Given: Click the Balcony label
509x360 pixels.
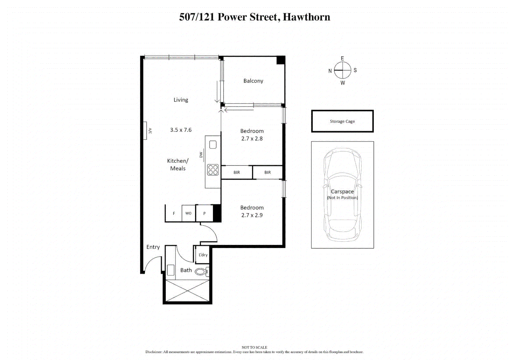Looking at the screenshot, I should click(253, 81).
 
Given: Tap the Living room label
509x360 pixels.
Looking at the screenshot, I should click(181, 100).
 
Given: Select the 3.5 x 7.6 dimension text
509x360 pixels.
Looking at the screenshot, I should click(181, 130).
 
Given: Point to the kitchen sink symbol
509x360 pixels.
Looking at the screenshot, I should click(213, 145).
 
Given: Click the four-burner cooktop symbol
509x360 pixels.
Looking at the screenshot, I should click(213, 170).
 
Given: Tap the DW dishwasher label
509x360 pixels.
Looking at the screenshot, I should click(201, 155).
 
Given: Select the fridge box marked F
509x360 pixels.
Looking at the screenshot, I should click(174, 213).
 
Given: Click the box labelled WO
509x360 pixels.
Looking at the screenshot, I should click(188, 213).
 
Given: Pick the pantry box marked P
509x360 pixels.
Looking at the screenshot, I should click(204, 213).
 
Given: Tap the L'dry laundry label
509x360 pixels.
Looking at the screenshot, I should click(203, 255).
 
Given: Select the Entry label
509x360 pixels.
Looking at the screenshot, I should click(153, 247).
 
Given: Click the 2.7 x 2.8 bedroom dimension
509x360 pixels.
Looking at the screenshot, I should click(252, 139).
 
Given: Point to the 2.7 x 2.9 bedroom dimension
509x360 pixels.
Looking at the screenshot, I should click(252, 215).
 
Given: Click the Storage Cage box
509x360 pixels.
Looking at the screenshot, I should click(342, 121).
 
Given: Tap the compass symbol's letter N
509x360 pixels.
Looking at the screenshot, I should click(330, 71).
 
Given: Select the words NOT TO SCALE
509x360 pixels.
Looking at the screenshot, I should click(254, 347).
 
